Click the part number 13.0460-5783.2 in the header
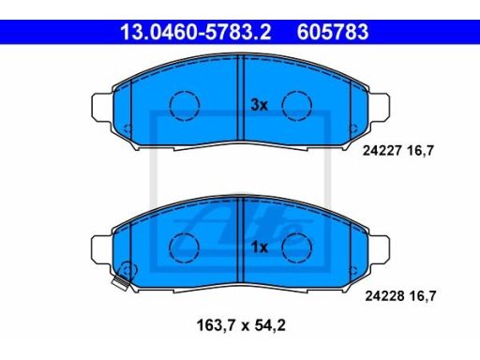(x=196, y=32)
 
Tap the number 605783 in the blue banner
(x=333, y=32)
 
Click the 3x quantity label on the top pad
(x=260, y=105)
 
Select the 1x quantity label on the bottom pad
(x=260, y=247)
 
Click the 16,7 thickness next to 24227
(x=420, y=151)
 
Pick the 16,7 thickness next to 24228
(x=422, y=295)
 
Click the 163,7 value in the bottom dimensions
(x=216, y=325)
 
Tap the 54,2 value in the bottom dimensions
(x=270, y=325)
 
